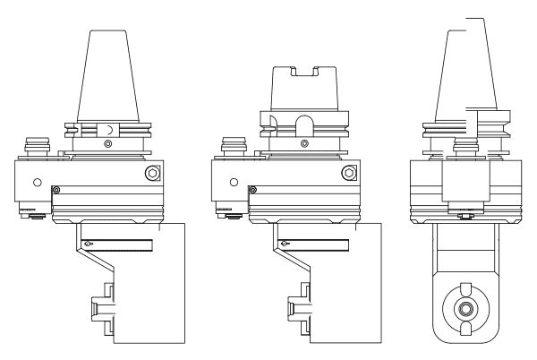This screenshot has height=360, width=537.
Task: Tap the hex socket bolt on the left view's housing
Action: tap(152, 172)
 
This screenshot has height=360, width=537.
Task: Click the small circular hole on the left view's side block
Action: tap(37, 182)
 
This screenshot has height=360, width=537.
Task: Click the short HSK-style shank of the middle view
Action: tap(303, 90)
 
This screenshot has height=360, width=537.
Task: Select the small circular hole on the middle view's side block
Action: tap(234, 182)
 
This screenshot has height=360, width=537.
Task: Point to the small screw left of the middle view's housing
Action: tap(253, 189)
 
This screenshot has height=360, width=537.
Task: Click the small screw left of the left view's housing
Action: tap(56, 189)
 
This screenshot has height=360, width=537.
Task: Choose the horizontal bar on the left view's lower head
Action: tap(121, 243)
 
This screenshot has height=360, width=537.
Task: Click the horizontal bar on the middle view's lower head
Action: tap(318, 243)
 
